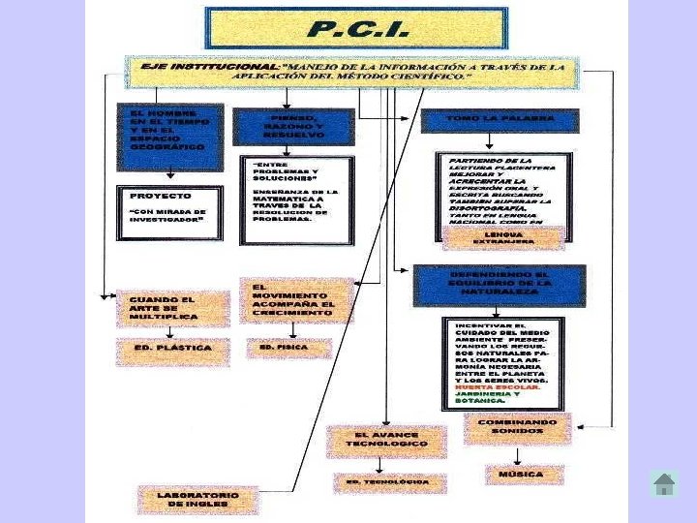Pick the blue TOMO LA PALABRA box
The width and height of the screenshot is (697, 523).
pos(500,120)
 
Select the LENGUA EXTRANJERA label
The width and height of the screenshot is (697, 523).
pos(503,237)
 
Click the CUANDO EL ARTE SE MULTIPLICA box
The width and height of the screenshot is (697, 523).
pos(173,308)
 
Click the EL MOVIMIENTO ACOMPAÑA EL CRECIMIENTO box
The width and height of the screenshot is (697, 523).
pos(296,300)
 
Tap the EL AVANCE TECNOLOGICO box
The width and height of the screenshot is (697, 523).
pos(386,441)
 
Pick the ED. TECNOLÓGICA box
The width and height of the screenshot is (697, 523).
pos(389,482)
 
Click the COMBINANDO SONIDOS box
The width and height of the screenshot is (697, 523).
pos(517,429)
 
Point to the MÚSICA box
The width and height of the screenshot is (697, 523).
pos(524,475)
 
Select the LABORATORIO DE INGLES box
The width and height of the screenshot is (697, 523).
pos(198,500)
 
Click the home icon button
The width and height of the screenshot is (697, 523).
pos(664,484)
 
